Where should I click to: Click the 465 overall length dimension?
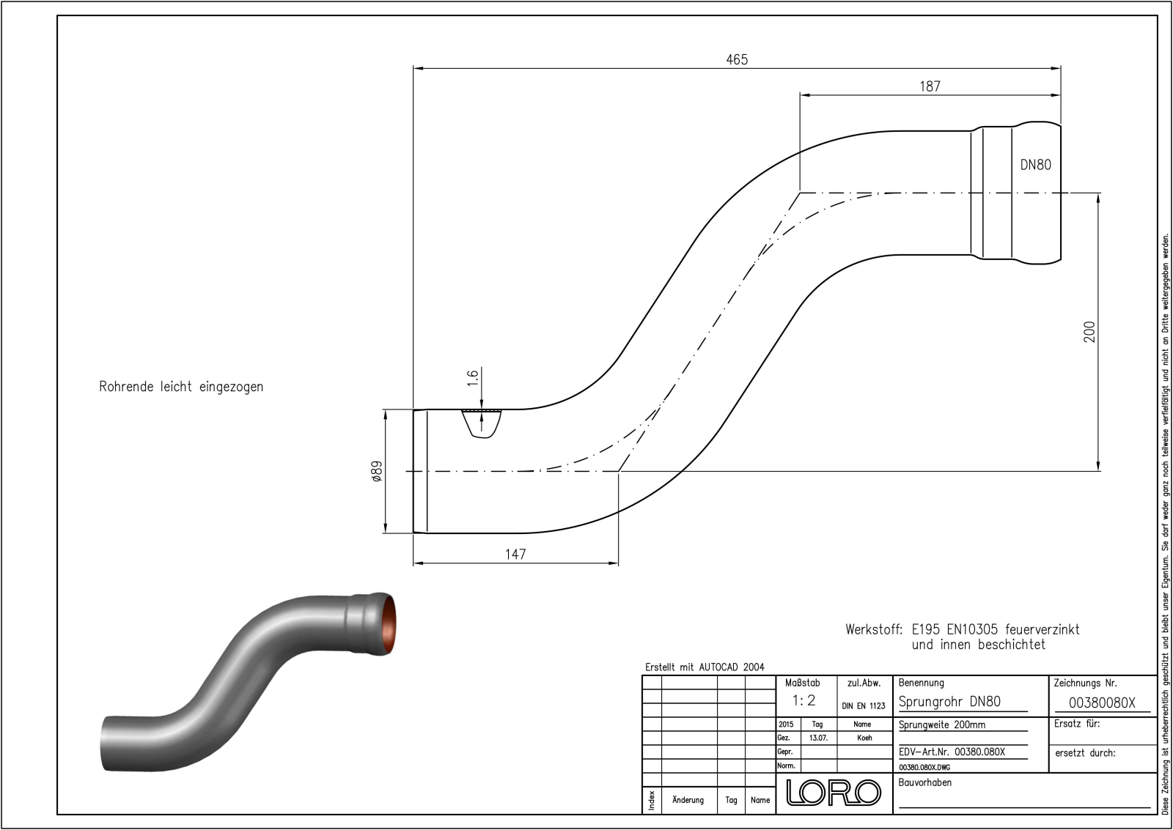737,60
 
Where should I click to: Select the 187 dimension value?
930,86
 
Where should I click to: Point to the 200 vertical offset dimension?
1089,332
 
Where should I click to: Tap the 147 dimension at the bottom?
515,555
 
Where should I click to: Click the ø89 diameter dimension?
377,471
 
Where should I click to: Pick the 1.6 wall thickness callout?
473,378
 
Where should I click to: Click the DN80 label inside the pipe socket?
1035,165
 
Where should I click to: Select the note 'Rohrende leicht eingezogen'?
181,387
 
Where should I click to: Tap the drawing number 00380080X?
1101,703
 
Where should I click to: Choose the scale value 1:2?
804,700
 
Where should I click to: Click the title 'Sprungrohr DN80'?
949,701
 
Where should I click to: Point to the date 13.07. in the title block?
818,738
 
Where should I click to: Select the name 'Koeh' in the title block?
865,738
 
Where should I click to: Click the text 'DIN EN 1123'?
864,706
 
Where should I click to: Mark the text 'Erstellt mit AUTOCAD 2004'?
705,667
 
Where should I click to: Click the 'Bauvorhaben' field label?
925,782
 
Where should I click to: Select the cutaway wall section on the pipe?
482,423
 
